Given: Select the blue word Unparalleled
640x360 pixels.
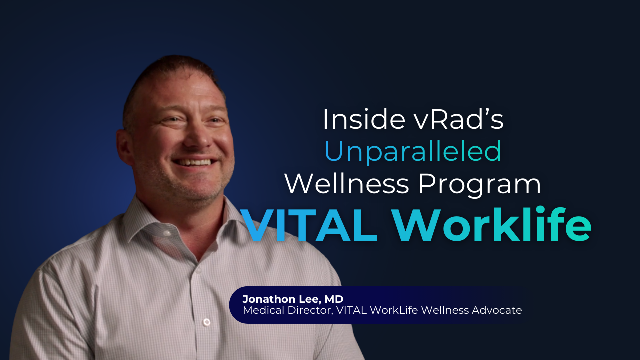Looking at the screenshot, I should [413, 151].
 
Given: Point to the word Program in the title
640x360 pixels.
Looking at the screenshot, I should [479, 185].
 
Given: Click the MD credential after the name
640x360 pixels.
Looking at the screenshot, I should [334, 299].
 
